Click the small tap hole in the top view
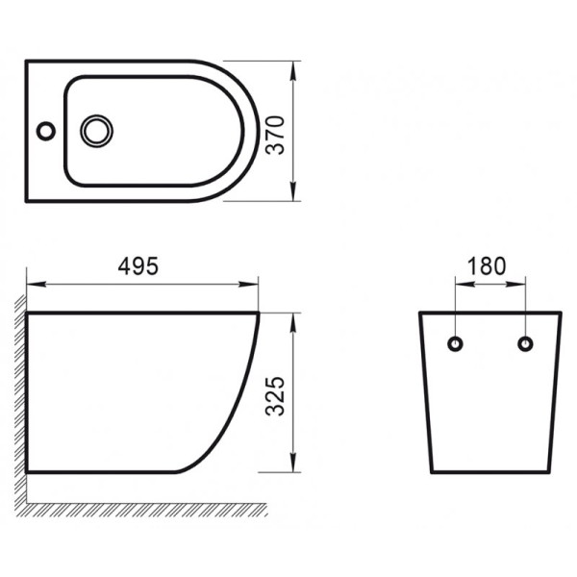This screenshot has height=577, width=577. tap(44, 128)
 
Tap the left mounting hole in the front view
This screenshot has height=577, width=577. tap(456, 343)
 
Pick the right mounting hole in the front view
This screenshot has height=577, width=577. tap(524, 343)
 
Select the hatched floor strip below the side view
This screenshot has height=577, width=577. tap(144, 507)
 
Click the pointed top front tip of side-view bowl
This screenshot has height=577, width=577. tap(261, 314)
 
